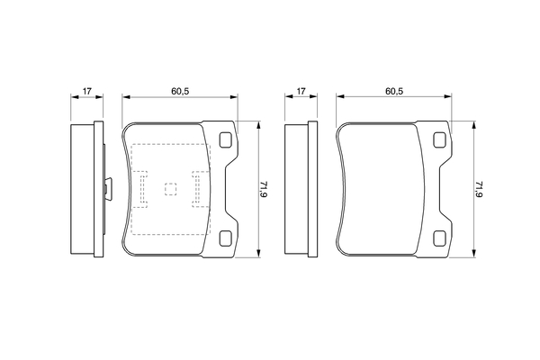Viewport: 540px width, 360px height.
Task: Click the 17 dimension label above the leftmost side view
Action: coord(86,91)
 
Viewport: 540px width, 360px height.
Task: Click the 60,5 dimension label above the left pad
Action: coord(180,91)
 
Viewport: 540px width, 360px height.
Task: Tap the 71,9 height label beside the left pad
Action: coord(264,189)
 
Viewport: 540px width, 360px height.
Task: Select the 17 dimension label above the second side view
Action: coord(301,91)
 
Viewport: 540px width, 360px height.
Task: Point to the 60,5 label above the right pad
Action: coord(394,91)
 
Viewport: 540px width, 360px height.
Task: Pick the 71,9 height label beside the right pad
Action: coord(479,189)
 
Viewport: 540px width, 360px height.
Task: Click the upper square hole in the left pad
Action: coord(226,139)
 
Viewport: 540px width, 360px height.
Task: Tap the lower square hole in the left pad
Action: coord(226,238)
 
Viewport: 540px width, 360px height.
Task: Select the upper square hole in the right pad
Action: coord(440,139)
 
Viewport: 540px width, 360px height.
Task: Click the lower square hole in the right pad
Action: coord(440,238)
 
